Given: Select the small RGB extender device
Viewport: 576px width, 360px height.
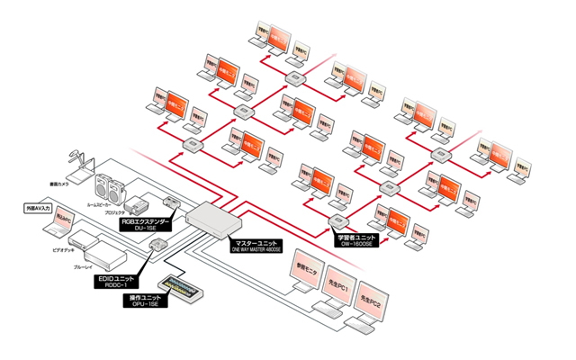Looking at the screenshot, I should click(171, 201).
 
